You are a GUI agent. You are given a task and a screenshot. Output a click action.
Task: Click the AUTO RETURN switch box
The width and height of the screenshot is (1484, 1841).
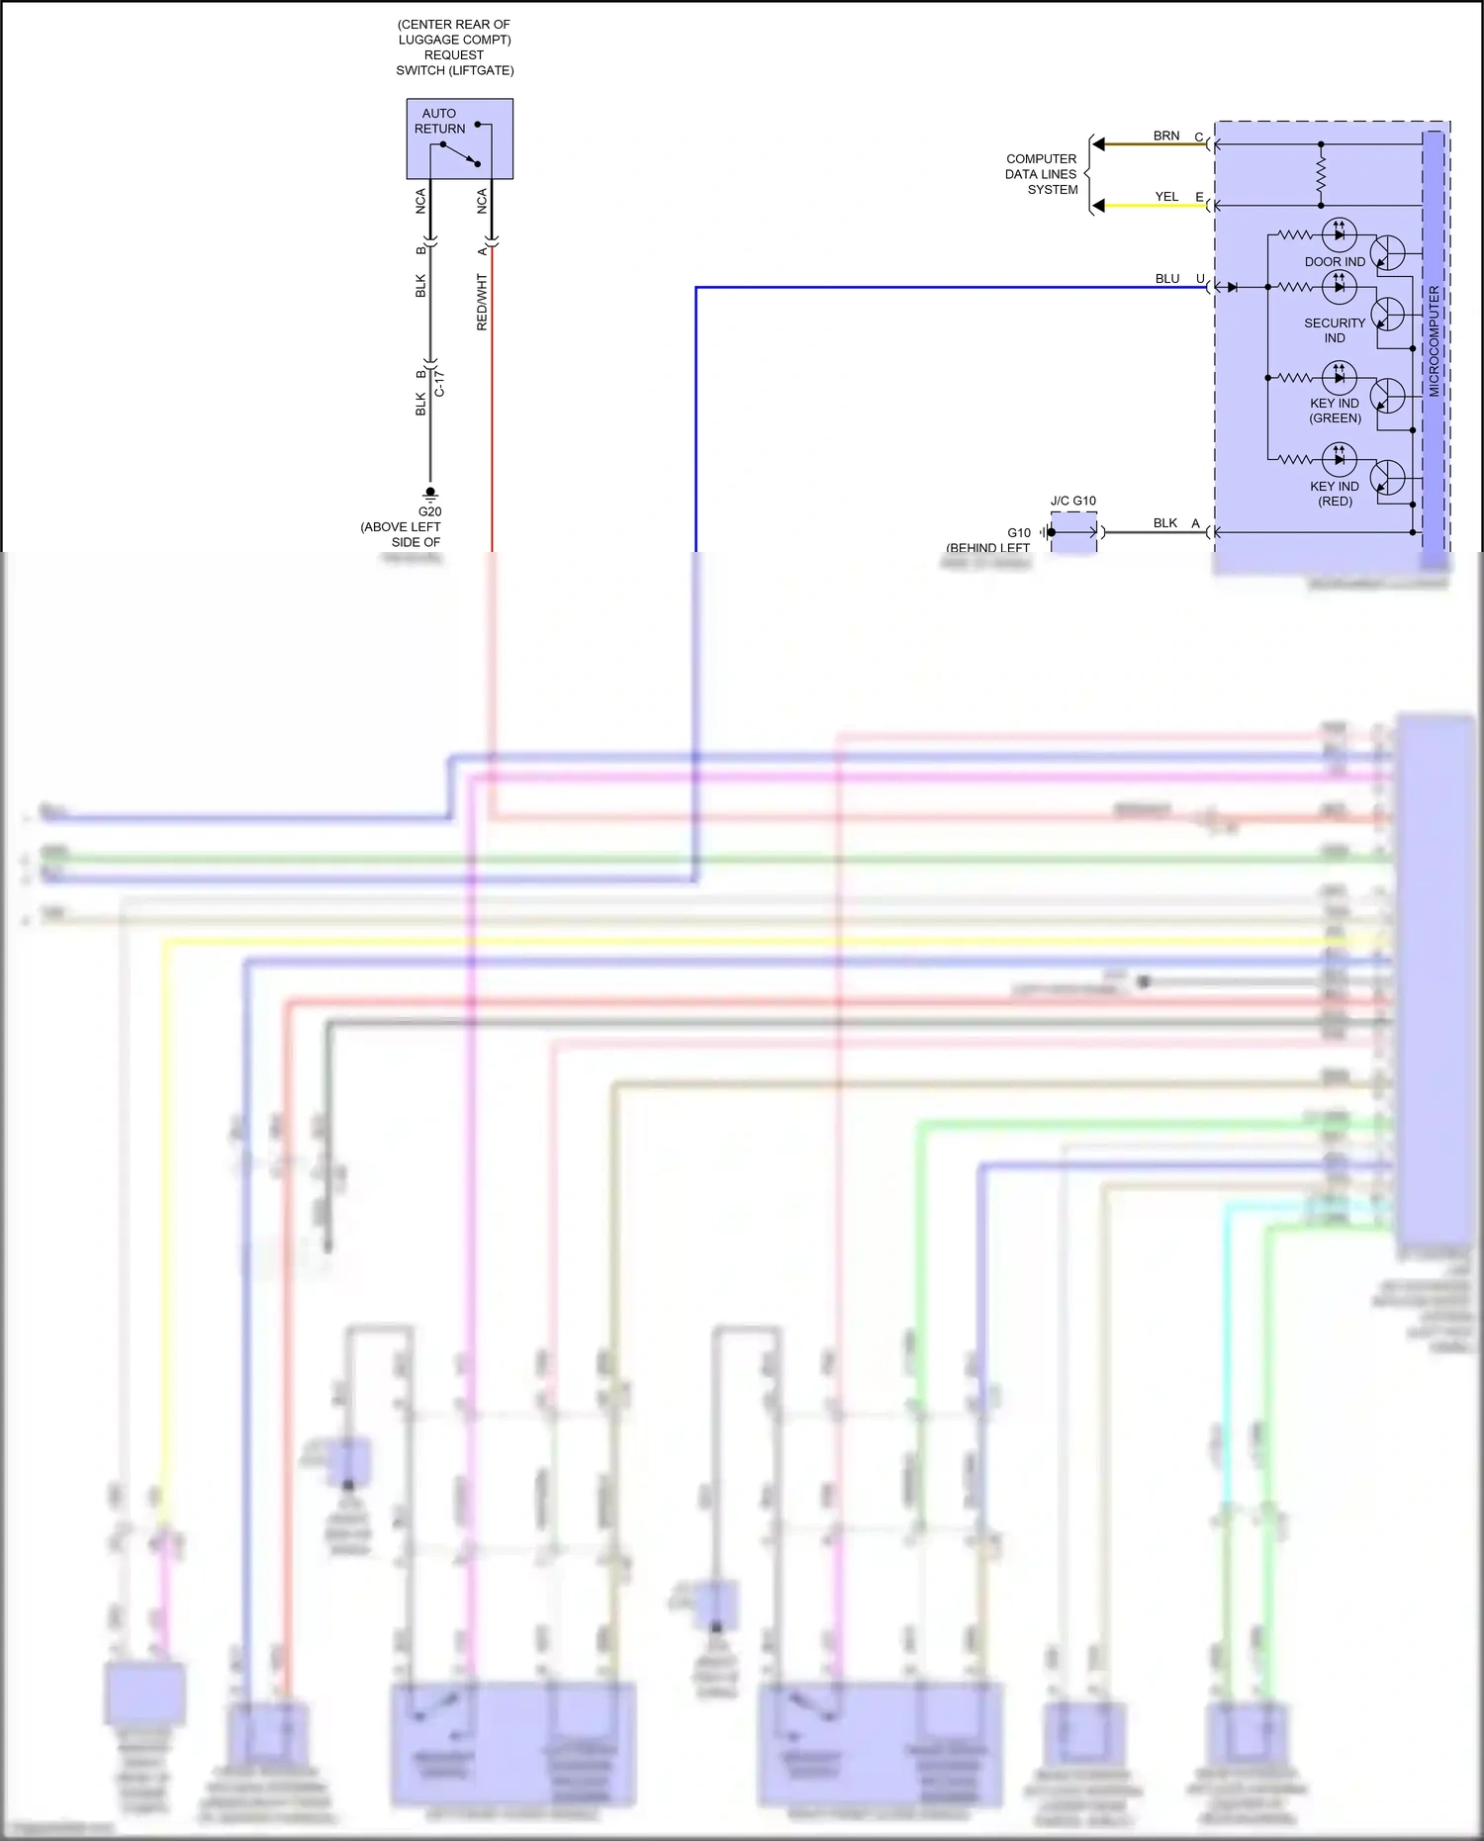(459, 138)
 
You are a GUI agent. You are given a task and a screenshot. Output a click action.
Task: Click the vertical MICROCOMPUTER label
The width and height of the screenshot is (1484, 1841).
(1434, 341)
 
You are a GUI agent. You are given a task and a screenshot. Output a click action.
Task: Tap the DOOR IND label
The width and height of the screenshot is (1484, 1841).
(1334, 262)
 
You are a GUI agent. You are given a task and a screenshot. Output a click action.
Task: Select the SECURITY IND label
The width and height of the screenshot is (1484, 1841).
(1334, 330)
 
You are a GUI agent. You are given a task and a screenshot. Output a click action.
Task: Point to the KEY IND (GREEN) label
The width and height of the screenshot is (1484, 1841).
(1334, 411)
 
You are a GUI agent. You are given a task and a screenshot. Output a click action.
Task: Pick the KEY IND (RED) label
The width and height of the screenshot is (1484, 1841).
(1334, 494)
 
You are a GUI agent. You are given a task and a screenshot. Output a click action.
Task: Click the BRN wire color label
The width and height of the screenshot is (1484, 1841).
(1165, 136)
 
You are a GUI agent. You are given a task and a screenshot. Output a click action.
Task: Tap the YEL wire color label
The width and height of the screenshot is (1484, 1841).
(1166, 197)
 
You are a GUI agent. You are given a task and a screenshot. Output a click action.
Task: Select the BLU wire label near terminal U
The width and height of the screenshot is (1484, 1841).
(1166, 279)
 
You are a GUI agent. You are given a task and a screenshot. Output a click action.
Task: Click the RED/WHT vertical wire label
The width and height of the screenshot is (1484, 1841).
(482, 303)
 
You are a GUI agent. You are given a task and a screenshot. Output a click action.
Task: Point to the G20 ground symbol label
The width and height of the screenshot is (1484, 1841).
(429, 511)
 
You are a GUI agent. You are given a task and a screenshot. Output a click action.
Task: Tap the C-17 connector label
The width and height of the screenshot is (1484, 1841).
(439, 384)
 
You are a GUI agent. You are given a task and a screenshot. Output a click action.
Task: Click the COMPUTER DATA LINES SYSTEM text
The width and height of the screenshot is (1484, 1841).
(1041, 174)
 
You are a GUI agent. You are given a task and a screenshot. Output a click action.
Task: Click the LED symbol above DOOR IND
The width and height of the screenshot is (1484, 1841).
(1339, 234)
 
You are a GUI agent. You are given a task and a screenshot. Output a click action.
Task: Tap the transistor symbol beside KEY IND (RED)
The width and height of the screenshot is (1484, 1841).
(1389, 477)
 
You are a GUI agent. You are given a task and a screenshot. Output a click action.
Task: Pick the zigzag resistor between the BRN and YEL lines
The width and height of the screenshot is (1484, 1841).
(1321, 175)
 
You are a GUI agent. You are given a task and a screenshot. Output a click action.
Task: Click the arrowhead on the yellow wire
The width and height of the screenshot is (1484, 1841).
(1098, 206)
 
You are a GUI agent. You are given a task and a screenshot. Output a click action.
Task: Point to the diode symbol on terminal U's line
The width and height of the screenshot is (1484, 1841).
(1232, 287)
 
